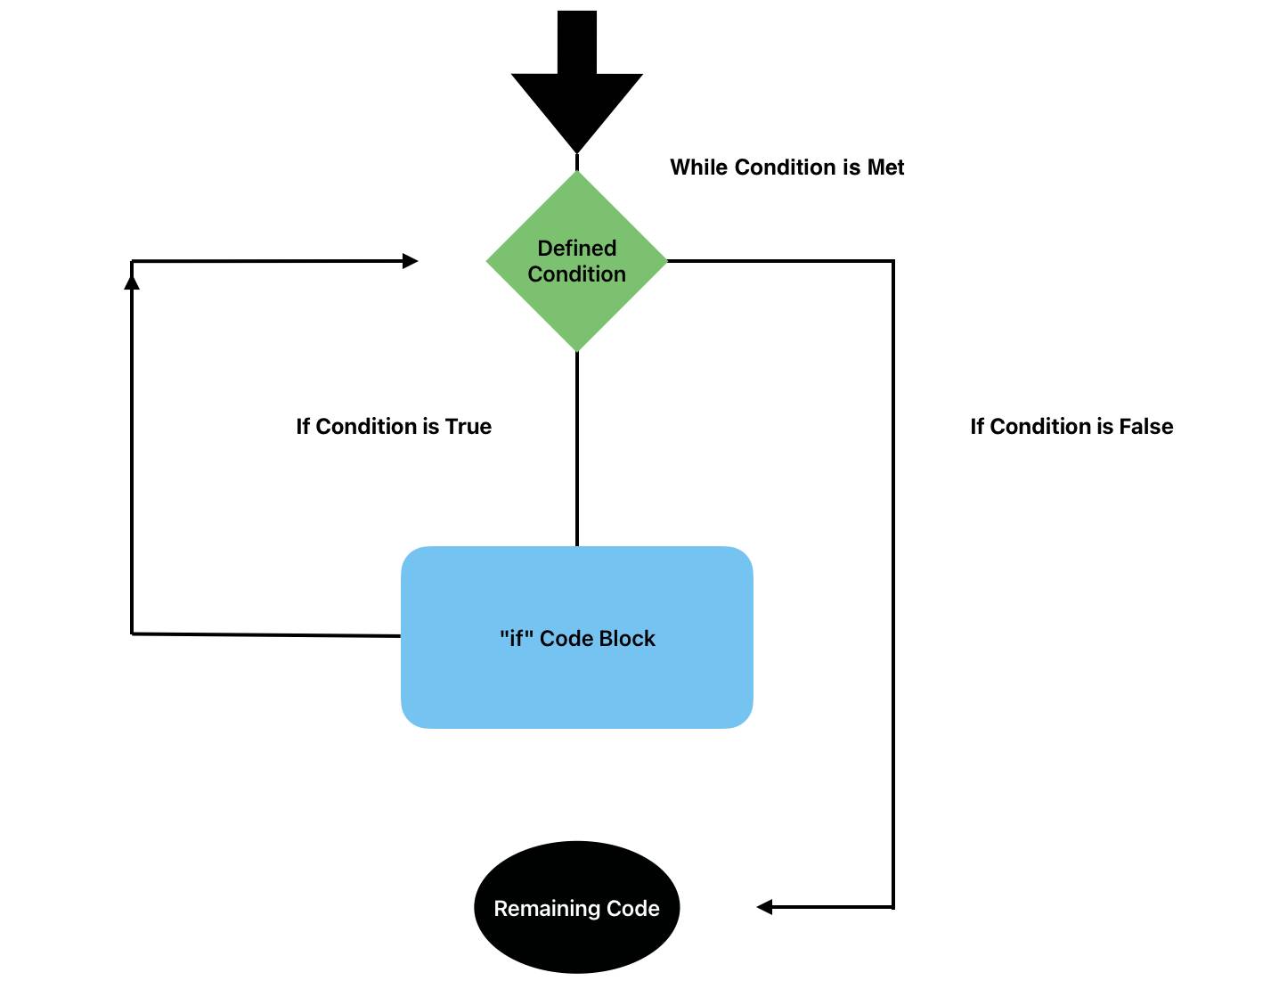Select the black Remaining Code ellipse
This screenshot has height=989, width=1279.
(x=576, y=944)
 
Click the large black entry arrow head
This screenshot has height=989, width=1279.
(x=576, y=107)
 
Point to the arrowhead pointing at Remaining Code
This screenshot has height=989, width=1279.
(x=764, y=907)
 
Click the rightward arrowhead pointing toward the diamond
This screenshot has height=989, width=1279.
(x=410, y=261)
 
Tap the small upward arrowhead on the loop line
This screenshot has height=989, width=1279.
(x=132, y=282)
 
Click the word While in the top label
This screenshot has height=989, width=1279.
(x=699, y=168)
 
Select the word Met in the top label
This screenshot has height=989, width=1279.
(x=885, y=168)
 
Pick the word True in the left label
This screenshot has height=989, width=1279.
(x=468, y=427)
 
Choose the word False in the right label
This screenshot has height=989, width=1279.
(x=1146, y=427)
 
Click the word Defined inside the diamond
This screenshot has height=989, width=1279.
(x=577, y=249)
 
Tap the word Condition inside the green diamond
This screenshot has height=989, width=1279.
(x=577, y=274)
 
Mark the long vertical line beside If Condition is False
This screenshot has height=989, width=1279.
(x=893, y=579)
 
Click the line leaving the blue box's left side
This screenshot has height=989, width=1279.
(x=267, y=634)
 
